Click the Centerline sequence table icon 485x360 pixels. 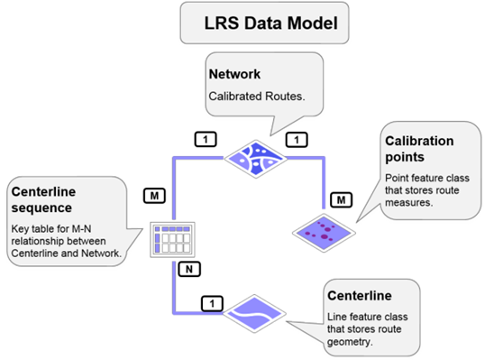[x=171, y=238]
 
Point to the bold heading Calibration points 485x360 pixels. [x=419, y=150]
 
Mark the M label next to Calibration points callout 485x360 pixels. [x=341, y=198]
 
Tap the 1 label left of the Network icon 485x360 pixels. [x=206, y=139]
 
